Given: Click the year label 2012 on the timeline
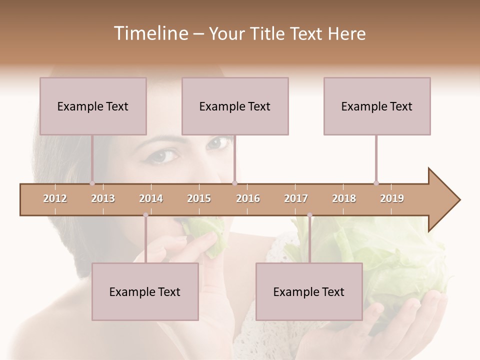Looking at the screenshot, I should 55,198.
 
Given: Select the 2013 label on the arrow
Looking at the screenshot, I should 103,198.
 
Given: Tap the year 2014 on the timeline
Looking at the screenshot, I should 151,198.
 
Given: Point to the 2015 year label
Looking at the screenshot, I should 199,198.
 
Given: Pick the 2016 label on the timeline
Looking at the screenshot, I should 248,198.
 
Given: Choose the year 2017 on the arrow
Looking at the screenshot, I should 296,198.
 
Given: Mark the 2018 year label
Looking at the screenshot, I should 344,198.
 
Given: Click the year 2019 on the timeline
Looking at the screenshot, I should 392,198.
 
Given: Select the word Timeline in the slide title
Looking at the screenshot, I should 150,33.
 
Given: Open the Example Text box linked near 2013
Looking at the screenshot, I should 93,106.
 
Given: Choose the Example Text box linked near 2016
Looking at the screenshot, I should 235,106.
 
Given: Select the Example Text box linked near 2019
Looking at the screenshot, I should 377,106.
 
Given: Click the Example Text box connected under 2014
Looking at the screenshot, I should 145,291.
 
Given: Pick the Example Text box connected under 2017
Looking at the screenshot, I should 309,291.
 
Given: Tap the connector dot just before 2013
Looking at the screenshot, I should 92,183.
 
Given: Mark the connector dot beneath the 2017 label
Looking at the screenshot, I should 309,215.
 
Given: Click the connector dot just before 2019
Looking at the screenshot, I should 376,183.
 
